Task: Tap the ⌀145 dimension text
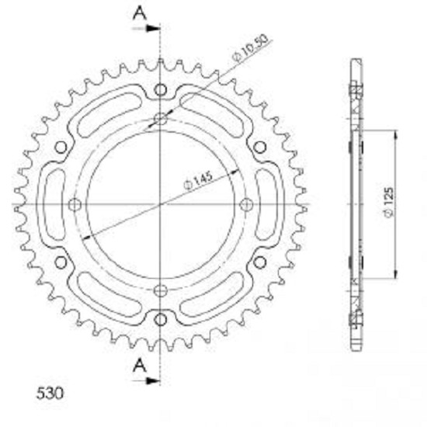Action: click(199, 181)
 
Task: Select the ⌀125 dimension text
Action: click(388, 203)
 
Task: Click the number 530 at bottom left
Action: click(50, 393)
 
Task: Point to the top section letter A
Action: click(140, 14)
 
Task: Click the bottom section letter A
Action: click(140, 365)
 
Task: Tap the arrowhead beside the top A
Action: click(153, 28)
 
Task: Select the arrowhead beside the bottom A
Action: click(153, 380)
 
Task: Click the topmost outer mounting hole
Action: click(161, 89)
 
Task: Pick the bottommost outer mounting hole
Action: click(161, 320)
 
